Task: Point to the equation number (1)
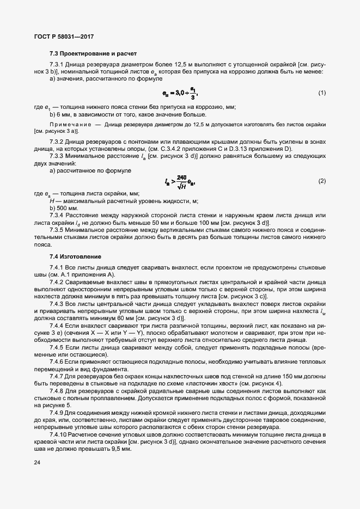(322, 93)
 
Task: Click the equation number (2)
(322, 180)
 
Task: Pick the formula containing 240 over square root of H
(179, 181)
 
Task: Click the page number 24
(37, 478)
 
